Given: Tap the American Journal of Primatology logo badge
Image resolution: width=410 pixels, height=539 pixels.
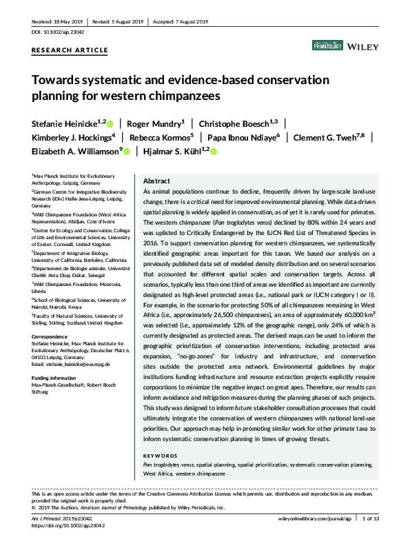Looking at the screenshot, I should point(327,45).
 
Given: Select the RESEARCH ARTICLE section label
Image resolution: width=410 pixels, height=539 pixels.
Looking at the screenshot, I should point(70,50).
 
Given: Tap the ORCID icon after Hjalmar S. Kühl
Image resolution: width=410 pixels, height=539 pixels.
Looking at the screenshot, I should point(214,151).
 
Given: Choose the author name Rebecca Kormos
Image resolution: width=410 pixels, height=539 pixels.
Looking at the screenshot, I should point(165,137).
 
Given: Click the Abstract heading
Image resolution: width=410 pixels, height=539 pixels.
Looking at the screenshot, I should point(156,180).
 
